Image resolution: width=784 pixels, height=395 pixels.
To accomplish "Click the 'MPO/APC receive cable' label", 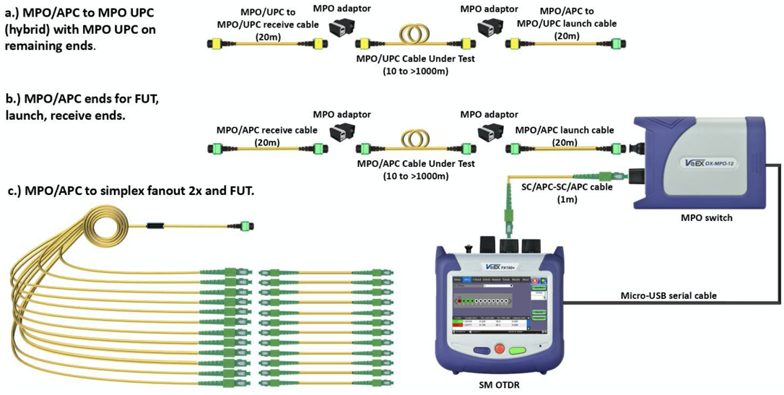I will (266, 131).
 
